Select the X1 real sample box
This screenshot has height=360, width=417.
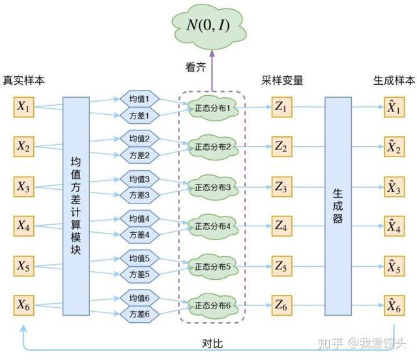coord(24,108)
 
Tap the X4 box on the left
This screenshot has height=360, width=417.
coord(24,227)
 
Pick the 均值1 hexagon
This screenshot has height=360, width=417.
coord(139,99)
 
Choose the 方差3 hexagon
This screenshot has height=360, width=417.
coord(139,194)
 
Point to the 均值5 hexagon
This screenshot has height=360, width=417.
coord(139,258)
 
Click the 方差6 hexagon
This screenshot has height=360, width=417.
coord(139,314)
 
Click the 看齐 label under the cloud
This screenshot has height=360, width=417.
coord(196,67)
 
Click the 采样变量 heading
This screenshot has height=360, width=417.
coord(282,81)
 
